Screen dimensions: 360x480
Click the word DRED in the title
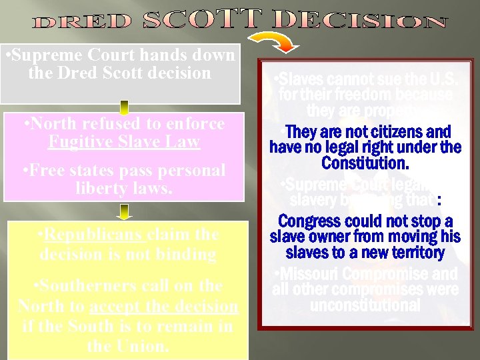pos(83,22)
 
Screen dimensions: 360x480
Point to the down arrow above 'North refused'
pos(125,107)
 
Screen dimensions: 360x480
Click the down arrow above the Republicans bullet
pos(125,211)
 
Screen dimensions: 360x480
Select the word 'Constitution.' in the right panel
pos(365,162)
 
